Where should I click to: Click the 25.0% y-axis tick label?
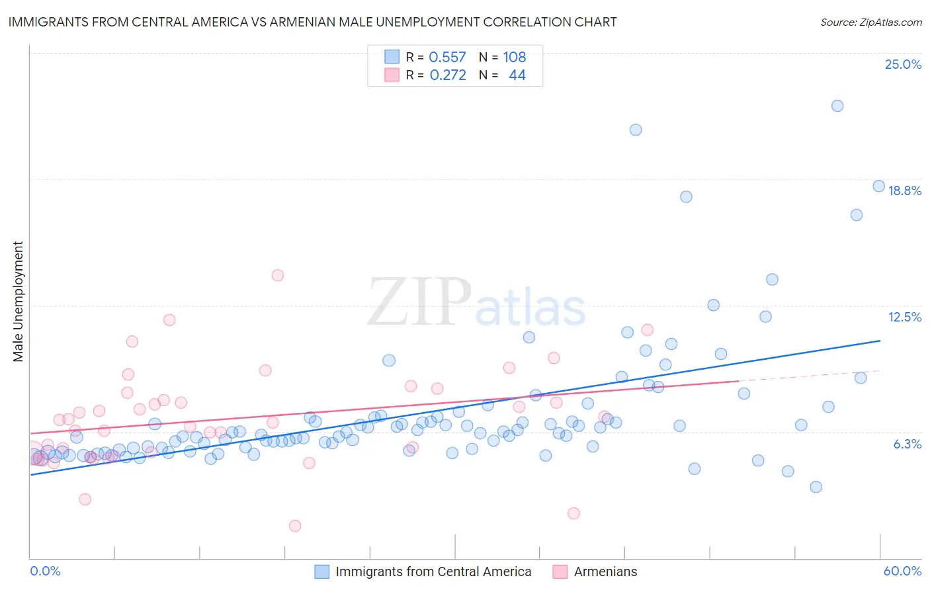(x=903, y=64)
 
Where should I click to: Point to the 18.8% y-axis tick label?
(x=904, y=190)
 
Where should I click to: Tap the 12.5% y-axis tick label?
(x=904, y=317)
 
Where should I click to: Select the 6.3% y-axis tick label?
(x=907, y=444)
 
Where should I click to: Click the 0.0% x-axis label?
(x=45, y=571)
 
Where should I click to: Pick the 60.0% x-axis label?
(x=902, y=571)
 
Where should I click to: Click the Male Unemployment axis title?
(x=18, y=302)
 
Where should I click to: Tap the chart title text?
(x=312, y=22)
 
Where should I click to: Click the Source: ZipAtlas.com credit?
(x=870, y=22)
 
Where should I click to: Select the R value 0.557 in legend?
(x=447, y=57)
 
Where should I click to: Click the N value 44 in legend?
(x=517, y=75)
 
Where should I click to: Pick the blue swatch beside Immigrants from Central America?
(x=321, y=571)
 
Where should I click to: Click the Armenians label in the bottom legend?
(x=605, y=571)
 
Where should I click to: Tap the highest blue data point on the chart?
(x=837, y=106)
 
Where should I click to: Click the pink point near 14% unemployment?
(x=278, y=275)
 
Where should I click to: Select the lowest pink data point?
(x=295, y=526)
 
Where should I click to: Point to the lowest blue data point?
(x=816, y=487)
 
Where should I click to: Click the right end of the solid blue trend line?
(x=880, y=341)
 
